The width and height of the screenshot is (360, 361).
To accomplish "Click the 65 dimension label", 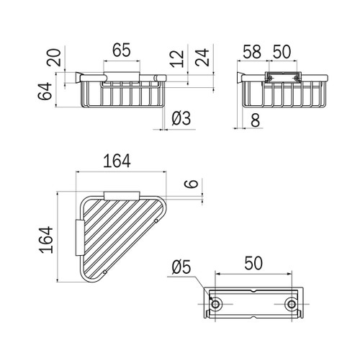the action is (122, 50).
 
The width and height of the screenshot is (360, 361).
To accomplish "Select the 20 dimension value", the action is (54, 58).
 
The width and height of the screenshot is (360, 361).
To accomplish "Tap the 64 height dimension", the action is (45, 91).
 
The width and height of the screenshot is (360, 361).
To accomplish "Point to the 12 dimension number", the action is (177, 59).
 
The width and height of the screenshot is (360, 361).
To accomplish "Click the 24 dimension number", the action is (202, 58).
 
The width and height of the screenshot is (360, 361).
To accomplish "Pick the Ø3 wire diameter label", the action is (181, 118).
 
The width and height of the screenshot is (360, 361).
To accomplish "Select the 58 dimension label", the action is (252, 52).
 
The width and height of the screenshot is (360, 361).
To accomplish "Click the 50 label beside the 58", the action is (282, 52).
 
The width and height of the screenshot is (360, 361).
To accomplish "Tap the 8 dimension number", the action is (256, 120).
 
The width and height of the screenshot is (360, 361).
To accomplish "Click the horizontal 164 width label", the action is (117, 161).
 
